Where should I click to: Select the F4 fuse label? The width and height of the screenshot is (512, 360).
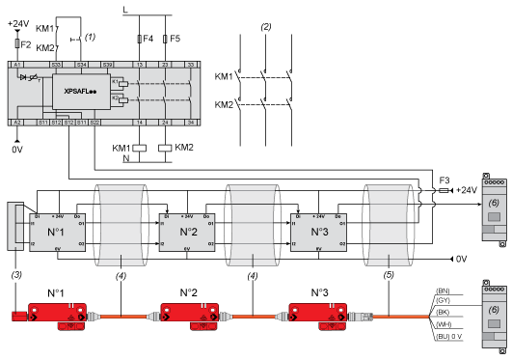pos(147,40)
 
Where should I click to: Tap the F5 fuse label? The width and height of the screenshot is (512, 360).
pos(175,40)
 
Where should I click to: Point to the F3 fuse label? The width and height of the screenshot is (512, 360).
pos(445,179)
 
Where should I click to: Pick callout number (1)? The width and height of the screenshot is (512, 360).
pos(91,36)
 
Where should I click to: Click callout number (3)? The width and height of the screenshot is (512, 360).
pos(14,274)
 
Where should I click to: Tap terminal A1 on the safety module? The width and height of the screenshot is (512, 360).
pos(16,64)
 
